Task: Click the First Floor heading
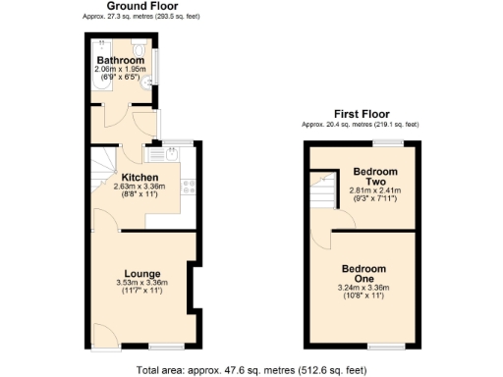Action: (360, 115)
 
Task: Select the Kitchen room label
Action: (140, 178)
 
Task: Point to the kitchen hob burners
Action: (187, 188)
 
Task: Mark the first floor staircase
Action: (322, 192)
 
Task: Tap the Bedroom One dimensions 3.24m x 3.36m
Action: (363, 288)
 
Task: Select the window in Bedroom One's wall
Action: (385, 347)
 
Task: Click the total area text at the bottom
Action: (251, 370)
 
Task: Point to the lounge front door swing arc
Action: (102, 333)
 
